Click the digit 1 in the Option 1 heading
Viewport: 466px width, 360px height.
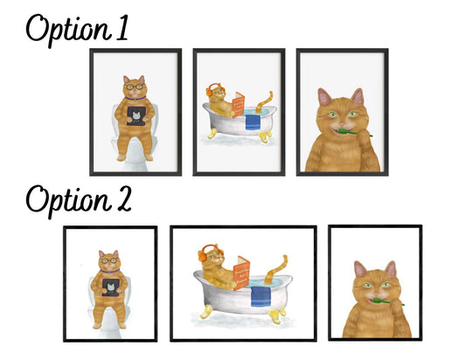coord(122,28)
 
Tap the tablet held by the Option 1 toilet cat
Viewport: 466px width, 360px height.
coord(136,116)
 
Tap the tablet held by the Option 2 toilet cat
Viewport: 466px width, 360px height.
coord(111,287)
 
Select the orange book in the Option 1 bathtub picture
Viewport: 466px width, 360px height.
coord(239,105)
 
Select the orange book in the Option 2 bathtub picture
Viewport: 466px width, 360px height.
coord(241,273)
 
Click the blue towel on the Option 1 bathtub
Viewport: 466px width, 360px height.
coord(253,122)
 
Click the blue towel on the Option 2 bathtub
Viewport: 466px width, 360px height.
coord(261,296)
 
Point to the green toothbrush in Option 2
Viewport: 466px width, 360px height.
coord(387,301)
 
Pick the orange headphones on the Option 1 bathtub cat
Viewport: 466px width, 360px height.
coord(212,89)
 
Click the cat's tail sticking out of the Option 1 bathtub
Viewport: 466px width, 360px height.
coord(265,102)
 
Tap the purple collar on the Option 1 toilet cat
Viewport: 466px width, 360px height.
coord(136,98)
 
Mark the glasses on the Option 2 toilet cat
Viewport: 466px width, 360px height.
coord(109,260)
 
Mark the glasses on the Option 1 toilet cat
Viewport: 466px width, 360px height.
coord(135,87)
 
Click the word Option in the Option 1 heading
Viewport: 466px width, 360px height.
coord(69,30)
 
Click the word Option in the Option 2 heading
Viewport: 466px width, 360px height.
coord(69,200)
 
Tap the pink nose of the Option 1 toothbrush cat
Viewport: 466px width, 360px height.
coord(342,124)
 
